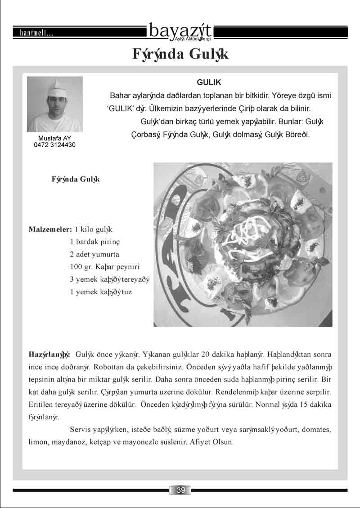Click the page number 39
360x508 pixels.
[180, 490]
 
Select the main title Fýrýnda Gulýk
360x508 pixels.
[180, 54]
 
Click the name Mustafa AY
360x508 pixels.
[54, 138]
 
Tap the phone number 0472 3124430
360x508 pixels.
[54, 145]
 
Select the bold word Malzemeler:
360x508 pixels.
[50, 229]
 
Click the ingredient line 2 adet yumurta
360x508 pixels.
[94, 254]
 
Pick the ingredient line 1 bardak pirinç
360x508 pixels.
[94, 242]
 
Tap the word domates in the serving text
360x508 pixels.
[317, 430]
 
